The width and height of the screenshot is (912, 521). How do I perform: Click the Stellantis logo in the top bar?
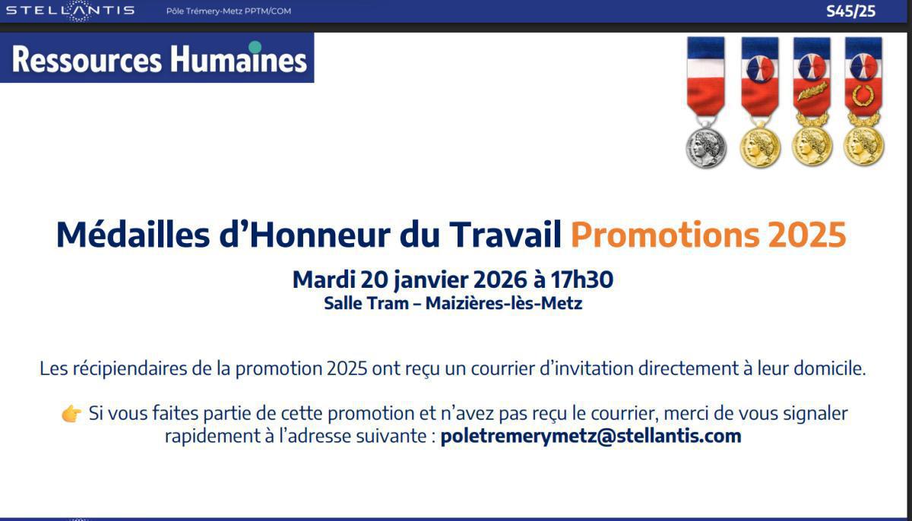(70, 11)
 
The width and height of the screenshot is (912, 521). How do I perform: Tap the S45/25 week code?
(850, 11)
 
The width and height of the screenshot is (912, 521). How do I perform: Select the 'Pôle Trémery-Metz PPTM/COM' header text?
(228, 11)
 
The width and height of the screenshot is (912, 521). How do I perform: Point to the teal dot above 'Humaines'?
(255, 47)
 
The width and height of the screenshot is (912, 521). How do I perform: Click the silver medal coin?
(706, 147)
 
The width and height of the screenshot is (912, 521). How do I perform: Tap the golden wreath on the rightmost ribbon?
(863, 96)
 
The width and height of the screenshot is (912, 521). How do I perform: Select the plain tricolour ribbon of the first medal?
(706, 76)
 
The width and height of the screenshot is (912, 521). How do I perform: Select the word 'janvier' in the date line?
(431, 280)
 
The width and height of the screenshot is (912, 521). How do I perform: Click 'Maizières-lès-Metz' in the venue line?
(504, 304)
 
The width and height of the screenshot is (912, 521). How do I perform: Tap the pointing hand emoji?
(71, 414)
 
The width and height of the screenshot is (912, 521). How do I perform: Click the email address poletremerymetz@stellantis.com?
(591, 436)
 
